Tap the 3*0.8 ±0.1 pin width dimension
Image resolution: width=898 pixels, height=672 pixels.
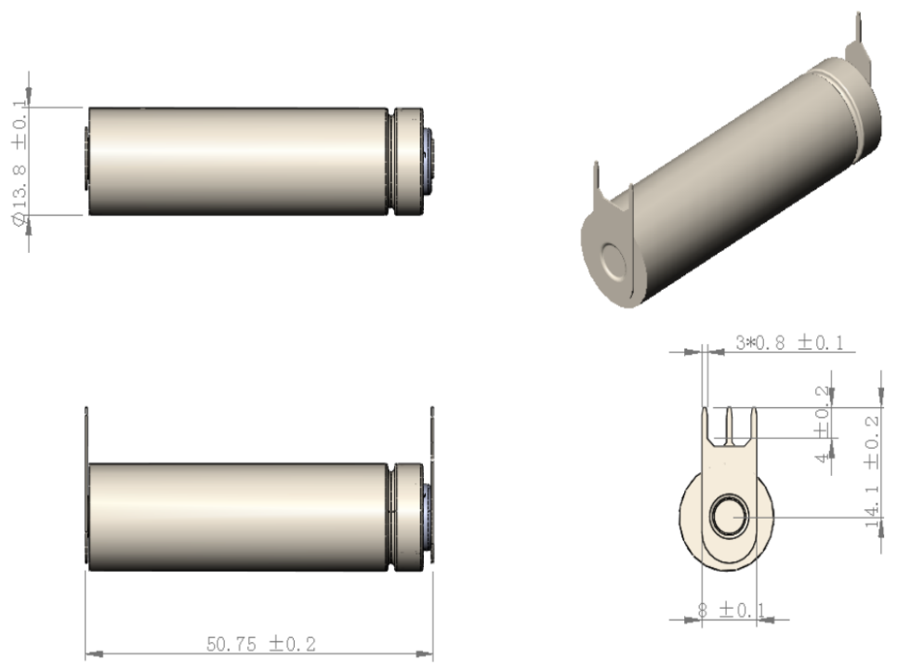pos(789,342)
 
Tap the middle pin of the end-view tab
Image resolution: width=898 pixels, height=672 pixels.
pos(730,423)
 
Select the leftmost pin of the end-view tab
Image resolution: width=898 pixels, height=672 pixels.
pos(708,423)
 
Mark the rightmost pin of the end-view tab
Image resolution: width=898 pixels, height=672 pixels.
pos(751,423)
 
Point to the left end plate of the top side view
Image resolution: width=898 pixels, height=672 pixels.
pos(86,161)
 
